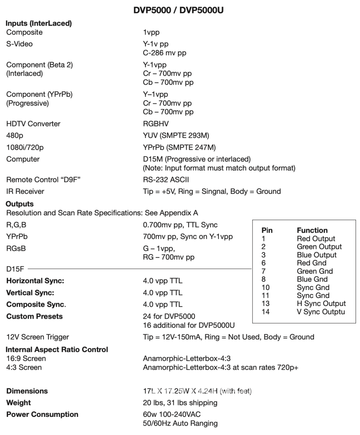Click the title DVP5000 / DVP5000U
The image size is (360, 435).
(179, 11)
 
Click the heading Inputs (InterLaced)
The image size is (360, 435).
(39, 24)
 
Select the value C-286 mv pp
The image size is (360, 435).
(164, 53)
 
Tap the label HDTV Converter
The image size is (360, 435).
(33, 124)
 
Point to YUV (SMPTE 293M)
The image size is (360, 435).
(176, 136)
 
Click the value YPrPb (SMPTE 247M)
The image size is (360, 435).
(179, 148)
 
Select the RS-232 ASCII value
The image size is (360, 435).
(166, 179)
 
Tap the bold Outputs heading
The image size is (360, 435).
(20, 204)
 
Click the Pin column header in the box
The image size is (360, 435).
(267, 231)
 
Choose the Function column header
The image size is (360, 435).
(312, 231)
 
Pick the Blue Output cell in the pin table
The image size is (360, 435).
(316, 255)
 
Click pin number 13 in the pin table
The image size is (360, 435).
(266, 304)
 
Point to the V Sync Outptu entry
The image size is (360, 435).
(321, 312)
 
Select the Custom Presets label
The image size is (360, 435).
(34, 316)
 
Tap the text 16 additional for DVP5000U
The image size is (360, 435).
(194, 325)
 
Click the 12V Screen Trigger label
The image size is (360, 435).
(38, 337)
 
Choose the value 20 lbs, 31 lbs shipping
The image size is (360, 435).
(180, 403)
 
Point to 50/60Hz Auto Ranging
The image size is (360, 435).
(180, 423)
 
